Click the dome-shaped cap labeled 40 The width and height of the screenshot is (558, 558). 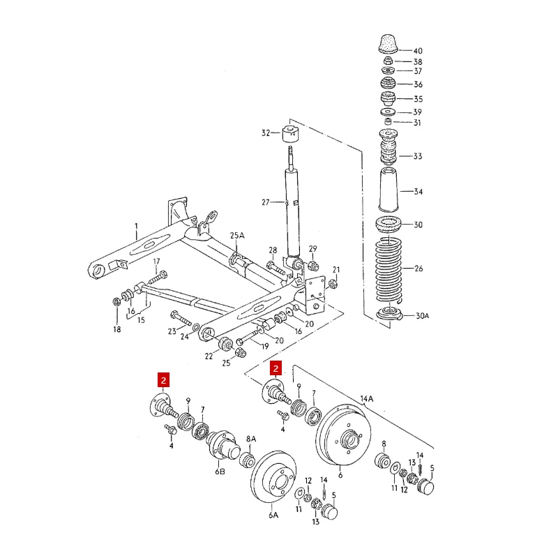pyautogui.click(x=388, y=43)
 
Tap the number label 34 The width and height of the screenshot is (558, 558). pyautogui.click(x=418, y=192)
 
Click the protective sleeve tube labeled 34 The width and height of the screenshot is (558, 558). pyautogui.click(x=389, y=190)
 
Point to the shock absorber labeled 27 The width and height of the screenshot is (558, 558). pyautogui.click(x=292, y=209)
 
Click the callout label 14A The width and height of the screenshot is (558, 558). pyautogui.click(x=367, y=399)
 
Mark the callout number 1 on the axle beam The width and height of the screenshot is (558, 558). pyautogui.click(x=137, y=226)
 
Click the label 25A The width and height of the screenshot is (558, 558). pyautogui.click(x=239, y=236)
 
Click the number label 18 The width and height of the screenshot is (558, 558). pyautogui.click(x=117, y=329)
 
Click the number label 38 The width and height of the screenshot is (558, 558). pyautogui.click(x=418, y=62)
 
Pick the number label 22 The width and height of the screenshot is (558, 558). pyautogui.click(x=209, y=356)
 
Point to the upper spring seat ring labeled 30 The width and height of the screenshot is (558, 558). pyautogui.click(x=389, y=225)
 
